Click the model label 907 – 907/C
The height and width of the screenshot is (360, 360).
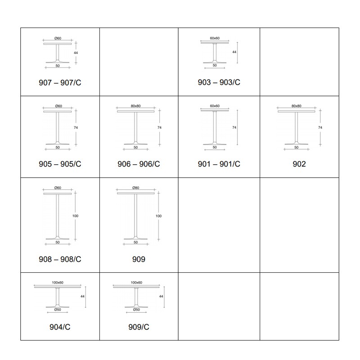(x=60, y=83)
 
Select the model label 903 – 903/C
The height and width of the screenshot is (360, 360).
(x=219, y=82)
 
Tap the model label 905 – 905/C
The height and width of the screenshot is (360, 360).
(x=60, y=164)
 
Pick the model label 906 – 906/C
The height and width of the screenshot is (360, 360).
(x=139, y=164)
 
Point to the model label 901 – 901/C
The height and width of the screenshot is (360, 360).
(x=219, y=164)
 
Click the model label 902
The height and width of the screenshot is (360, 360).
(x=299, y=164)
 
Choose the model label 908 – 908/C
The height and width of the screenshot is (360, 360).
(x=60, y=259)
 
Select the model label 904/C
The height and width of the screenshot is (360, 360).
(x=60, y=327)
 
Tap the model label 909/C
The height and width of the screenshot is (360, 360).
(x=139, y=327)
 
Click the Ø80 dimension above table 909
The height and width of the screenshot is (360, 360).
(x=136, y=188)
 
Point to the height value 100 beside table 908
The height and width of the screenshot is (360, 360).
(x=75, y=216)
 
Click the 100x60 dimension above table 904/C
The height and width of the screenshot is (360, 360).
(x=58, y=283)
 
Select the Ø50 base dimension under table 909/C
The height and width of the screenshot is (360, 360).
(x=136, y=310)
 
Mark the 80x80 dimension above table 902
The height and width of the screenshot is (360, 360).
(x=297, y=106)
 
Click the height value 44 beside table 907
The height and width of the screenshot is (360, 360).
(x=76, y=53)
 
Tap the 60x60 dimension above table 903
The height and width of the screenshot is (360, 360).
(x=215, y=38)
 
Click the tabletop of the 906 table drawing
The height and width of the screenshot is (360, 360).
(x=136, y=111)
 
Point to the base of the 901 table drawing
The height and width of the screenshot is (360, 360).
(x=215, y=144)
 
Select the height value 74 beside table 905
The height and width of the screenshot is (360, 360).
(x=76, y=127)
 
